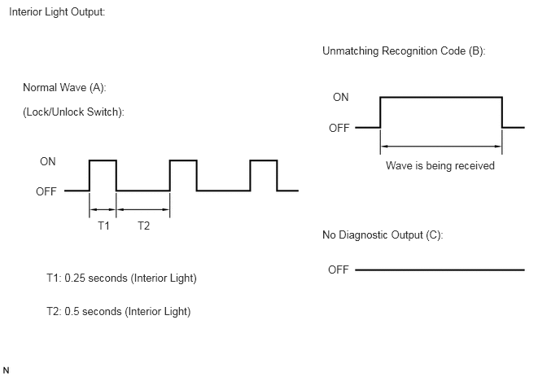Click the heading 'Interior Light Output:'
pyautogui.click(x=57, y=12)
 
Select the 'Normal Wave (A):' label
pyautogui.click(x=64, y=88)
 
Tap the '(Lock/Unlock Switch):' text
pyautogui.click(x=73, y=112)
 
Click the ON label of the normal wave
pyautogui.click(x=48, y=161)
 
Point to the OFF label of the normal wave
pyautogui.click(x=46, y=191)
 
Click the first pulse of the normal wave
pyautogui.click(x=103, y=160)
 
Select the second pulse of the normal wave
pyautogui.click(x=183, y=160)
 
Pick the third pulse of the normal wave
pyautogui.click(x=264, y=160)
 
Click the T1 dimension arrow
pyautogui.click(x=103, y=209)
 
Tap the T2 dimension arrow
pyautogui.click(x=143, y=209)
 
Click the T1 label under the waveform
pyautogui.click(x=103, y=226)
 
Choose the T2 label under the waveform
pyautogui.click(x=143, y=226)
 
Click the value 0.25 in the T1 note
pyautogui.click(x=75, y=278)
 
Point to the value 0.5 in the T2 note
pyautogui.click(x=72, y=311)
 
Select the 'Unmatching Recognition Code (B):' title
pyautogui.click(x=404, y=51)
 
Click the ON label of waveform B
pyautogui.click(x=341, y=97)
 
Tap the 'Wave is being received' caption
pyautogui.click(x=440, y=166)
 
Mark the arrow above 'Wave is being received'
pyautogui.click(x=441, y=146)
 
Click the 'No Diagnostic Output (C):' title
pyautogui.click(x=383, y=235)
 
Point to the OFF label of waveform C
pyautogui.click(x=339, y=270)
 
